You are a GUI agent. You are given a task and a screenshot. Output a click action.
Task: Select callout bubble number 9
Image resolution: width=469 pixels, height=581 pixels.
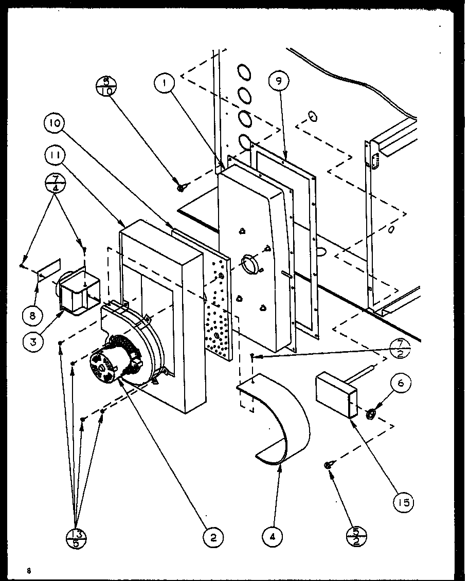click(x=279, y=80)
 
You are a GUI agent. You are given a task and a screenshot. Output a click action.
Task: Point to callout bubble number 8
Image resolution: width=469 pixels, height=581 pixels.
click(x=32, y=315)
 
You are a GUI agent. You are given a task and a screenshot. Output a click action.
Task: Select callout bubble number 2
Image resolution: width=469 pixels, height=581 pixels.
click(x=213, y=538)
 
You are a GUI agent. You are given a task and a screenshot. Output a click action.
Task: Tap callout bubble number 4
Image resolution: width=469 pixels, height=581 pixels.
click(x=272, y=537)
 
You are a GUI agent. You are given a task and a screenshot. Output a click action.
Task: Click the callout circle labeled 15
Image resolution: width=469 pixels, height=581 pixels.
click(x=404, y=502)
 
